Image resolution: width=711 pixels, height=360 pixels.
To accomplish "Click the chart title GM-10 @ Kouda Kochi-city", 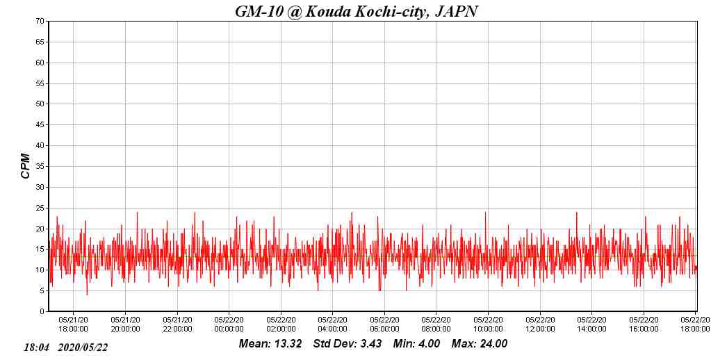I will coord(356,11).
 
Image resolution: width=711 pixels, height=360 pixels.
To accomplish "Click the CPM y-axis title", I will coord(26,166).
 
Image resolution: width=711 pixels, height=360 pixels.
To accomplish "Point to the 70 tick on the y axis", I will coord(40,21).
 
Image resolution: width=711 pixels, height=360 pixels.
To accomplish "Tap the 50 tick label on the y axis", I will coord(40,104).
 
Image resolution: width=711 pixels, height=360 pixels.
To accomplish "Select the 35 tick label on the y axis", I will coord(40,166).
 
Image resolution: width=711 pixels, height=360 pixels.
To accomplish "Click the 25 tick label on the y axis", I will coord(40,208).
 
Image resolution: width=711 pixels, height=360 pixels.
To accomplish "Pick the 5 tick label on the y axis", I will coord(42,291).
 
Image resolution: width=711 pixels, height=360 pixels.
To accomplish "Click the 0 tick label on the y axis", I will coord(42,311).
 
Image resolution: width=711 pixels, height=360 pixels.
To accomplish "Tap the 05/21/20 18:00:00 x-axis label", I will coord(74,325).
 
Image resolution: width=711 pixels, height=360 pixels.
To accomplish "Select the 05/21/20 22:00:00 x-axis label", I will coord(177,325).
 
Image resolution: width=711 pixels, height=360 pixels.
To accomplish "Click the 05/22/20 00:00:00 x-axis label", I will coord(229,325).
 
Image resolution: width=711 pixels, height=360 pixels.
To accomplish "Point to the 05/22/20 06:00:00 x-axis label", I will coord(384,325).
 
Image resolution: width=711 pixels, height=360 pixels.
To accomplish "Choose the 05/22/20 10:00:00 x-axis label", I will coord(488,325).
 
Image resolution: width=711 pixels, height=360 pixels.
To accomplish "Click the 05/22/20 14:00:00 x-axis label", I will coord(591,325).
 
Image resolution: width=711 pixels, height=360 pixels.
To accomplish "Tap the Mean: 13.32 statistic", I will coord(270,343).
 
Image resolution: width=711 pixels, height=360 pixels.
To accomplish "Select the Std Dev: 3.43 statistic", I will coord(347,343).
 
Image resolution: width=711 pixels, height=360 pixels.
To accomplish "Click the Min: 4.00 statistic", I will coord(416,343).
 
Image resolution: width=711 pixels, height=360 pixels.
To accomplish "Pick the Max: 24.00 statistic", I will coord(480,343).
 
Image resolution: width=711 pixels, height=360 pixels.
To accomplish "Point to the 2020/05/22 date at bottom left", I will coord(83,347).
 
